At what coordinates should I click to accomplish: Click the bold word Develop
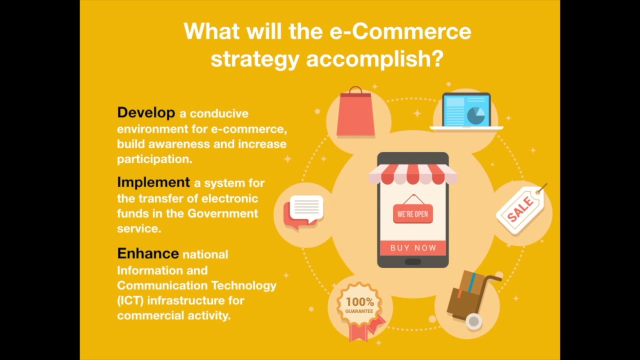pyautogui.click(x=146, y=112)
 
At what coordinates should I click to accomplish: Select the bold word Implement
pyautogui.click(x=153, y=182)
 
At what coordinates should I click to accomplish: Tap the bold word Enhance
pyautogui.click(x=147, y=253)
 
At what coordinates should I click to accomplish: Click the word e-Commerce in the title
pyautogui.click(x=400, y=31)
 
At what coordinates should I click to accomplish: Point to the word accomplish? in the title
pyautogui.click(x=374, y=58)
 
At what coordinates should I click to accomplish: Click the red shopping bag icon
pyautogui.click(x=355, y=113)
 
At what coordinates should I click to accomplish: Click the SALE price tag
pyautogui.click(x=520, y=208)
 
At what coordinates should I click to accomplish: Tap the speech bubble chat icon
pyautogui.click(x=303, y=211)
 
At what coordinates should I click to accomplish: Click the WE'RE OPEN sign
pyautogui.click(x=412, y=214)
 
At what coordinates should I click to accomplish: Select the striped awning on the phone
pyautogui.click(x=412, y=173)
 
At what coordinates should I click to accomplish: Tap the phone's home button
pyautogui.click(x=413, y=261)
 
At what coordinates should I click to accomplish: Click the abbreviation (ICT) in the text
pyautogui.click(x=130, y=300)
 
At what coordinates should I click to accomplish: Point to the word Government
pyautogui.click(x=222, y=213)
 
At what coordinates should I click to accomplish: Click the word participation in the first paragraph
pyautogui.click(x=153, y=159)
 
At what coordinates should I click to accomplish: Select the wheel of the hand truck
pyautogui.click(x=473, y=321)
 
